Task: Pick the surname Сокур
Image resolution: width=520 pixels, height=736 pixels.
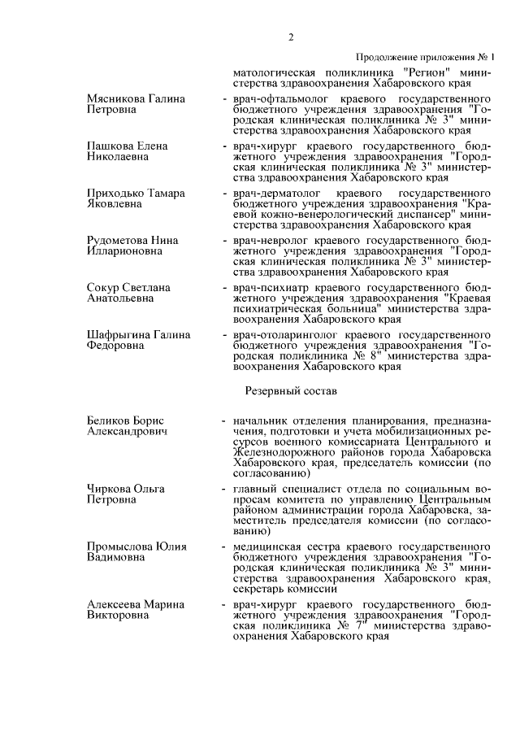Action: (102, 288)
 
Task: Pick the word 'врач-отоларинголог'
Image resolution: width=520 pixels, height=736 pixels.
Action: (281, 335)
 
